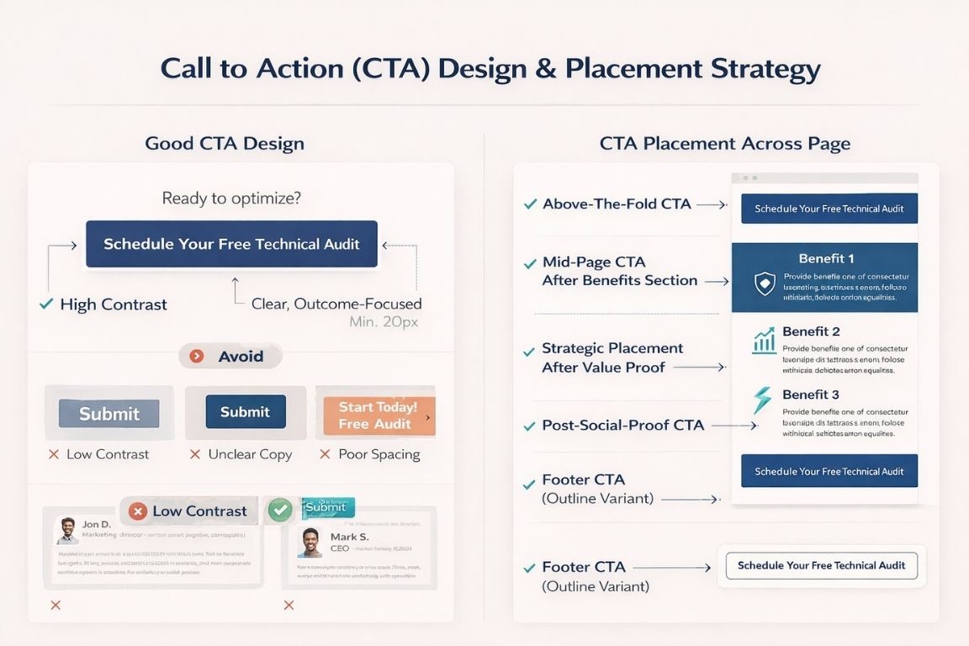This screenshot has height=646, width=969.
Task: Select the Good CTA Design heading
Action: click(x=225, y=143)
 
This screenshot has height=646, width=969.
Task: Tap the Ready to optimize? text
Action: click(x=231, y=199)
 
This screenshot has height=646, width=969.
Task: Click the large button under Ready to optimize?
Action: click(x=231, y=244)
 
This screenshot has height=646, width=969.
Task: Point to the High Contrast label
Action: click(x=113, y=304)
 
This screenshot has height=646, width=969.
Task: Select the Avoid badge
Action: click(x=230, y=356)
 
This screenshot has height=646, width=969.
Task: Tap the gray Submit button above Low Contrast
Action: click(x=109, y=413)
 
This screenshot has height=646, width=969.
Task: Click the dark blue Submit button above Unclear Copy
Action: click(x=245, y=412)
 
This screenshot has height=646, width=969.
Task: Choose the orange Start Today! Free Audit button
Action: click(x=379, y=416)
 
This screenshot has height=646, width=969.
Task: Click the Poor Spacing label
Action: click(x=379, y=454)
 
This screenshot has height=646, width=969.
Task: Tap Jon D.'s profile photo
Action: click(x=67, y=530)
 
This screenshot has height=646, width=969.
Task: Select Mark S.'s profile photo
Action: click(x=310, y=543)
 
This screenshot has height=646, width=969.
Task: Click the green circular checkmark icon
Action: click(x=280, y=510)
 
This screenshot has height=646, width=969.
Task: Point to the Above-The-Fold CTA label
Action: click(x=617, y=204)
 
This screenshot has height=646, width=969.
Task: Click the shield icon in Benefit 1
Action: click(x=764, y=283)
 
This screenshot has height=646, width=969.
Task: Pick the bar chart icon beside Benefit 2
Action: click(x=764, y=340)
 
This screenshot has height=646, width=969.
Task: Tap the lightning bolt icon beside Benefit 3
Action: click(x=762, y=400)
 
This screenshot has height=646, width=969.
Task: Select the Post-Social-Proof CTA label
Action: click(x=622, y=426)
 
